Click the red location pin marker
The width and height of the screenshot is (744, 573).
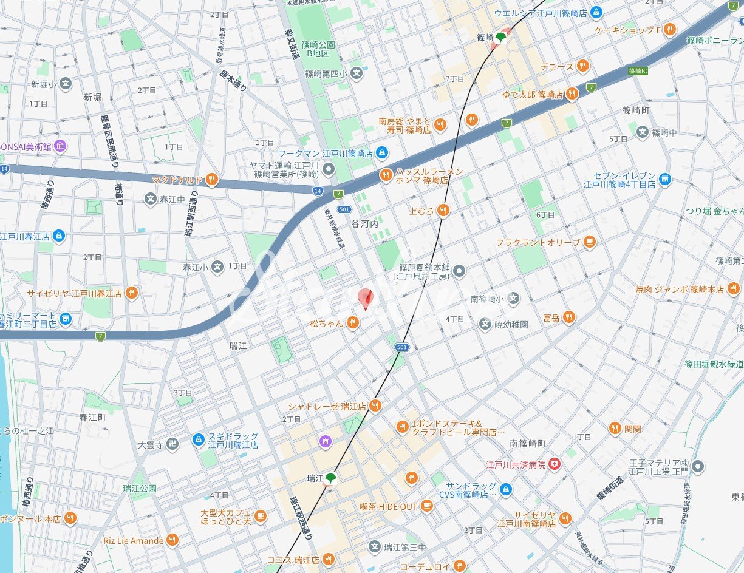click(x=365, y=298)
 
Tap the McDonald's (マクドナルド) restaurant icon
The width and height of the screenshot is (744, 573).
click(x=211, y=178)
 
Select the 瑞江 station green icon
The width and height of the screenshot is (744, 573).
click(x=330, y=479)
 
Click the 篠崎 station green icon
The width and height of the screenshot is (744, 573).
click(x=501, y=38)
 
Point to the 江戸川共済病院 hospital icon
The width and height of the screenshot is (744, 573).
click(x=553, y=464)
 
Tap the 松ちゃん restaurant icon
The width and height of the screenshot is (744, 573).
click(x=353, y=324)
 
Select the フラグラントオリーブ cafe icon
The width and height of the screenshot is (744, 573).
click(x=589, y=242)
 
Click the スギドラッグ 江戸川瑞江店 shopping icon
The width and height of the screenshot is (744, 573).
click(x=198, y=440)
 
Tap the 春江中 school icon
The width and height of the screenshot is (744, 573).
click(x=151, y=198)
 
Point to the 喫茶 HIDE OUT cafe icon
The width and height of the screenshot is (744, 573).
click(x=427, y=506)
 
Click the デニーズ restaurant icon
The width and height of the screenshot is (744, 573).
click(x=582, y=66)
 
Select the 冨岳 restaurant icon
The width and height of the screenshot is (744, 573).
click(x=568, y=317)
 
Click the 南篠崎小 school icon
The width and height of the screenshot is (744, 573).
click(x=514, y=298)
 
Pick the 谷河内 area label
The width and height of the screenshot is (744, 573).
click(x=364, y=224)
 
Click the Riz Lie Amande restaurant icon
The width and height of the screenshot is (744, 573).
click(x=172, y=540)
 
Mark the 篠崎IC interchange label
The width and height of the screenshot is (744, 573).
click(x=638, y=71)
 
